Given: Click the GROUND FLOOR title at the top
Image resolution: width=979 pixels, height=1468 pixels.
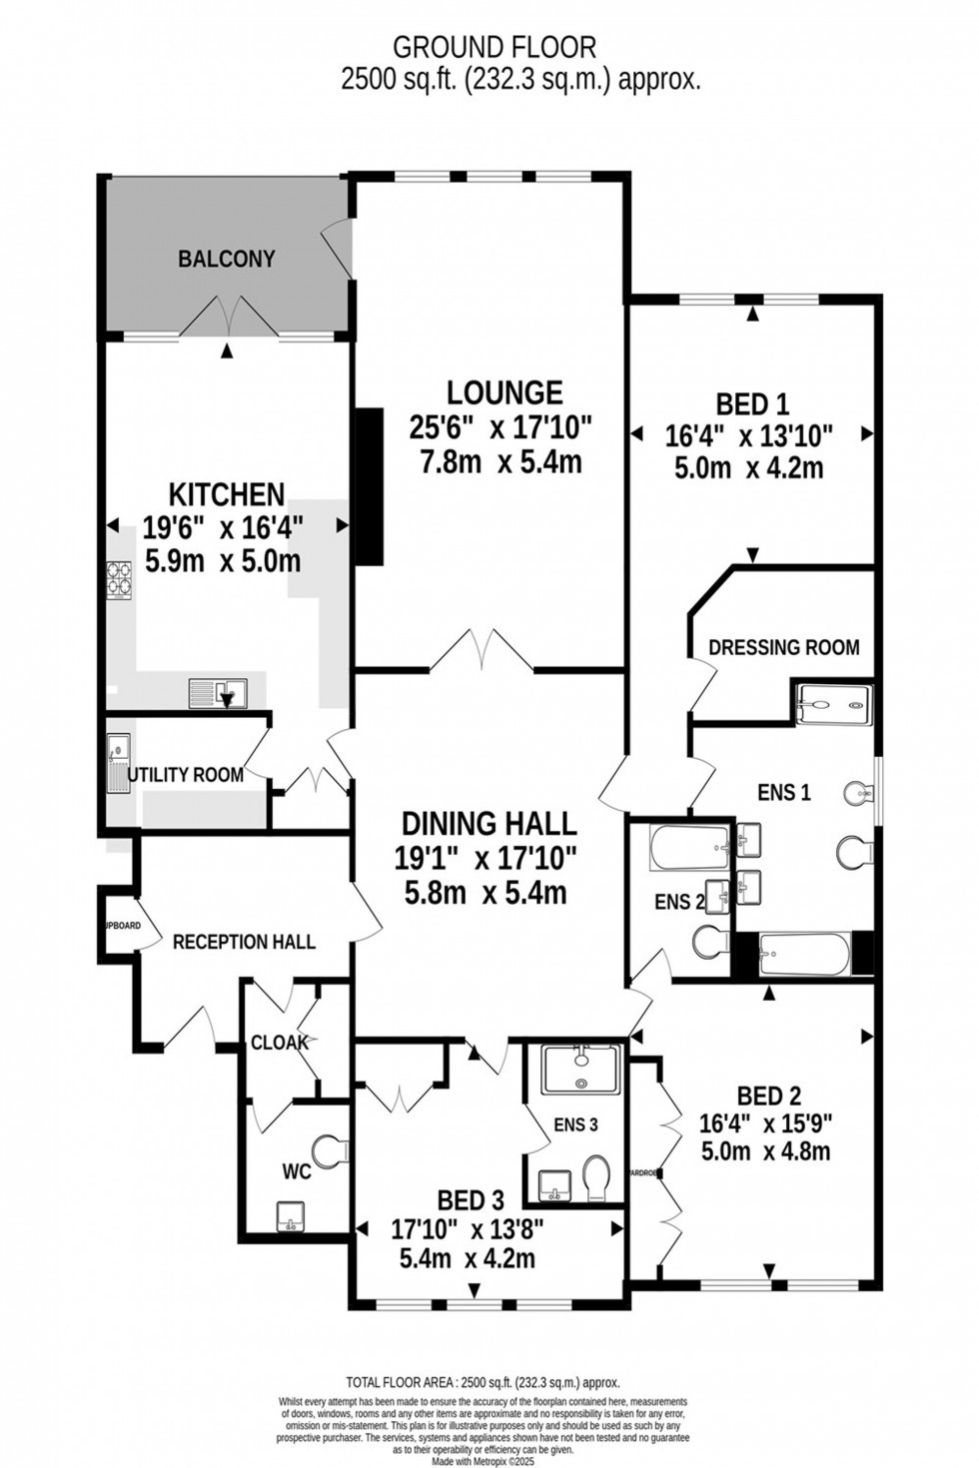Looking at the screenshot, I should (493, 47).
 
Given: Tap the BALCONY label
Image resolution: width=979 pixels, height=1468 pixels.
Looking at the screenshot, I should (227, 259).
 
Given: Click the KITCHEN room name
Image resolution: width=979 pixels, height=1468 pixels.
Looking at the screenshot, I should (227, 494).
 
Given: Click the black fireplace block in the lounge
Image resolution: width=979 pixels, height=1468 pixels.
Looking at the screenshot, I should (370, 487).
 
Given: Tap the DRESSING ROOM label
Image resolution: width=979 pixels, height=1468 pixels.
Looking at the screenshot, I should (783, 647).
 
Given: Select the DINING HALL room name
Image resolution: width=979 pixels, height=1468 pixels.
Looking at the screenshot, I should (489, 823).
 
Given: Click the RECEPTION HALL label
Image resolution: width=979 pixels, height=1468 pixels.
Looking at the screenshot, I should (244, 942).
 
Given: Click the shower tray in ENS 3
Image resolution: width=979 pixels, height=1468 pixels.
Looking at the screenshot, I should (580, 1070).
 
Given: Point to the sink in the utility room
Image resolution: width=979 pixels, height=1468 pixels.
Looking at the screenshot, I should (118, 746).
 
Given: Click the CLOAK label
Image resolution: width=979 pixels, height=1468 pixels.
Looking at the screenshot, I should (279, 1043).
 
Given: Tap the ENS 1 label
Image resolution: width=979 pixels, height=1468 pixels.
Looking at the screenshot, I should (784, 793).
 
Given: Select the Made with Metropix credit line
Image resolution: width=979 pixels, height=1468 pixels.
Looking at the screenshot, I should (484, 1460).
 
